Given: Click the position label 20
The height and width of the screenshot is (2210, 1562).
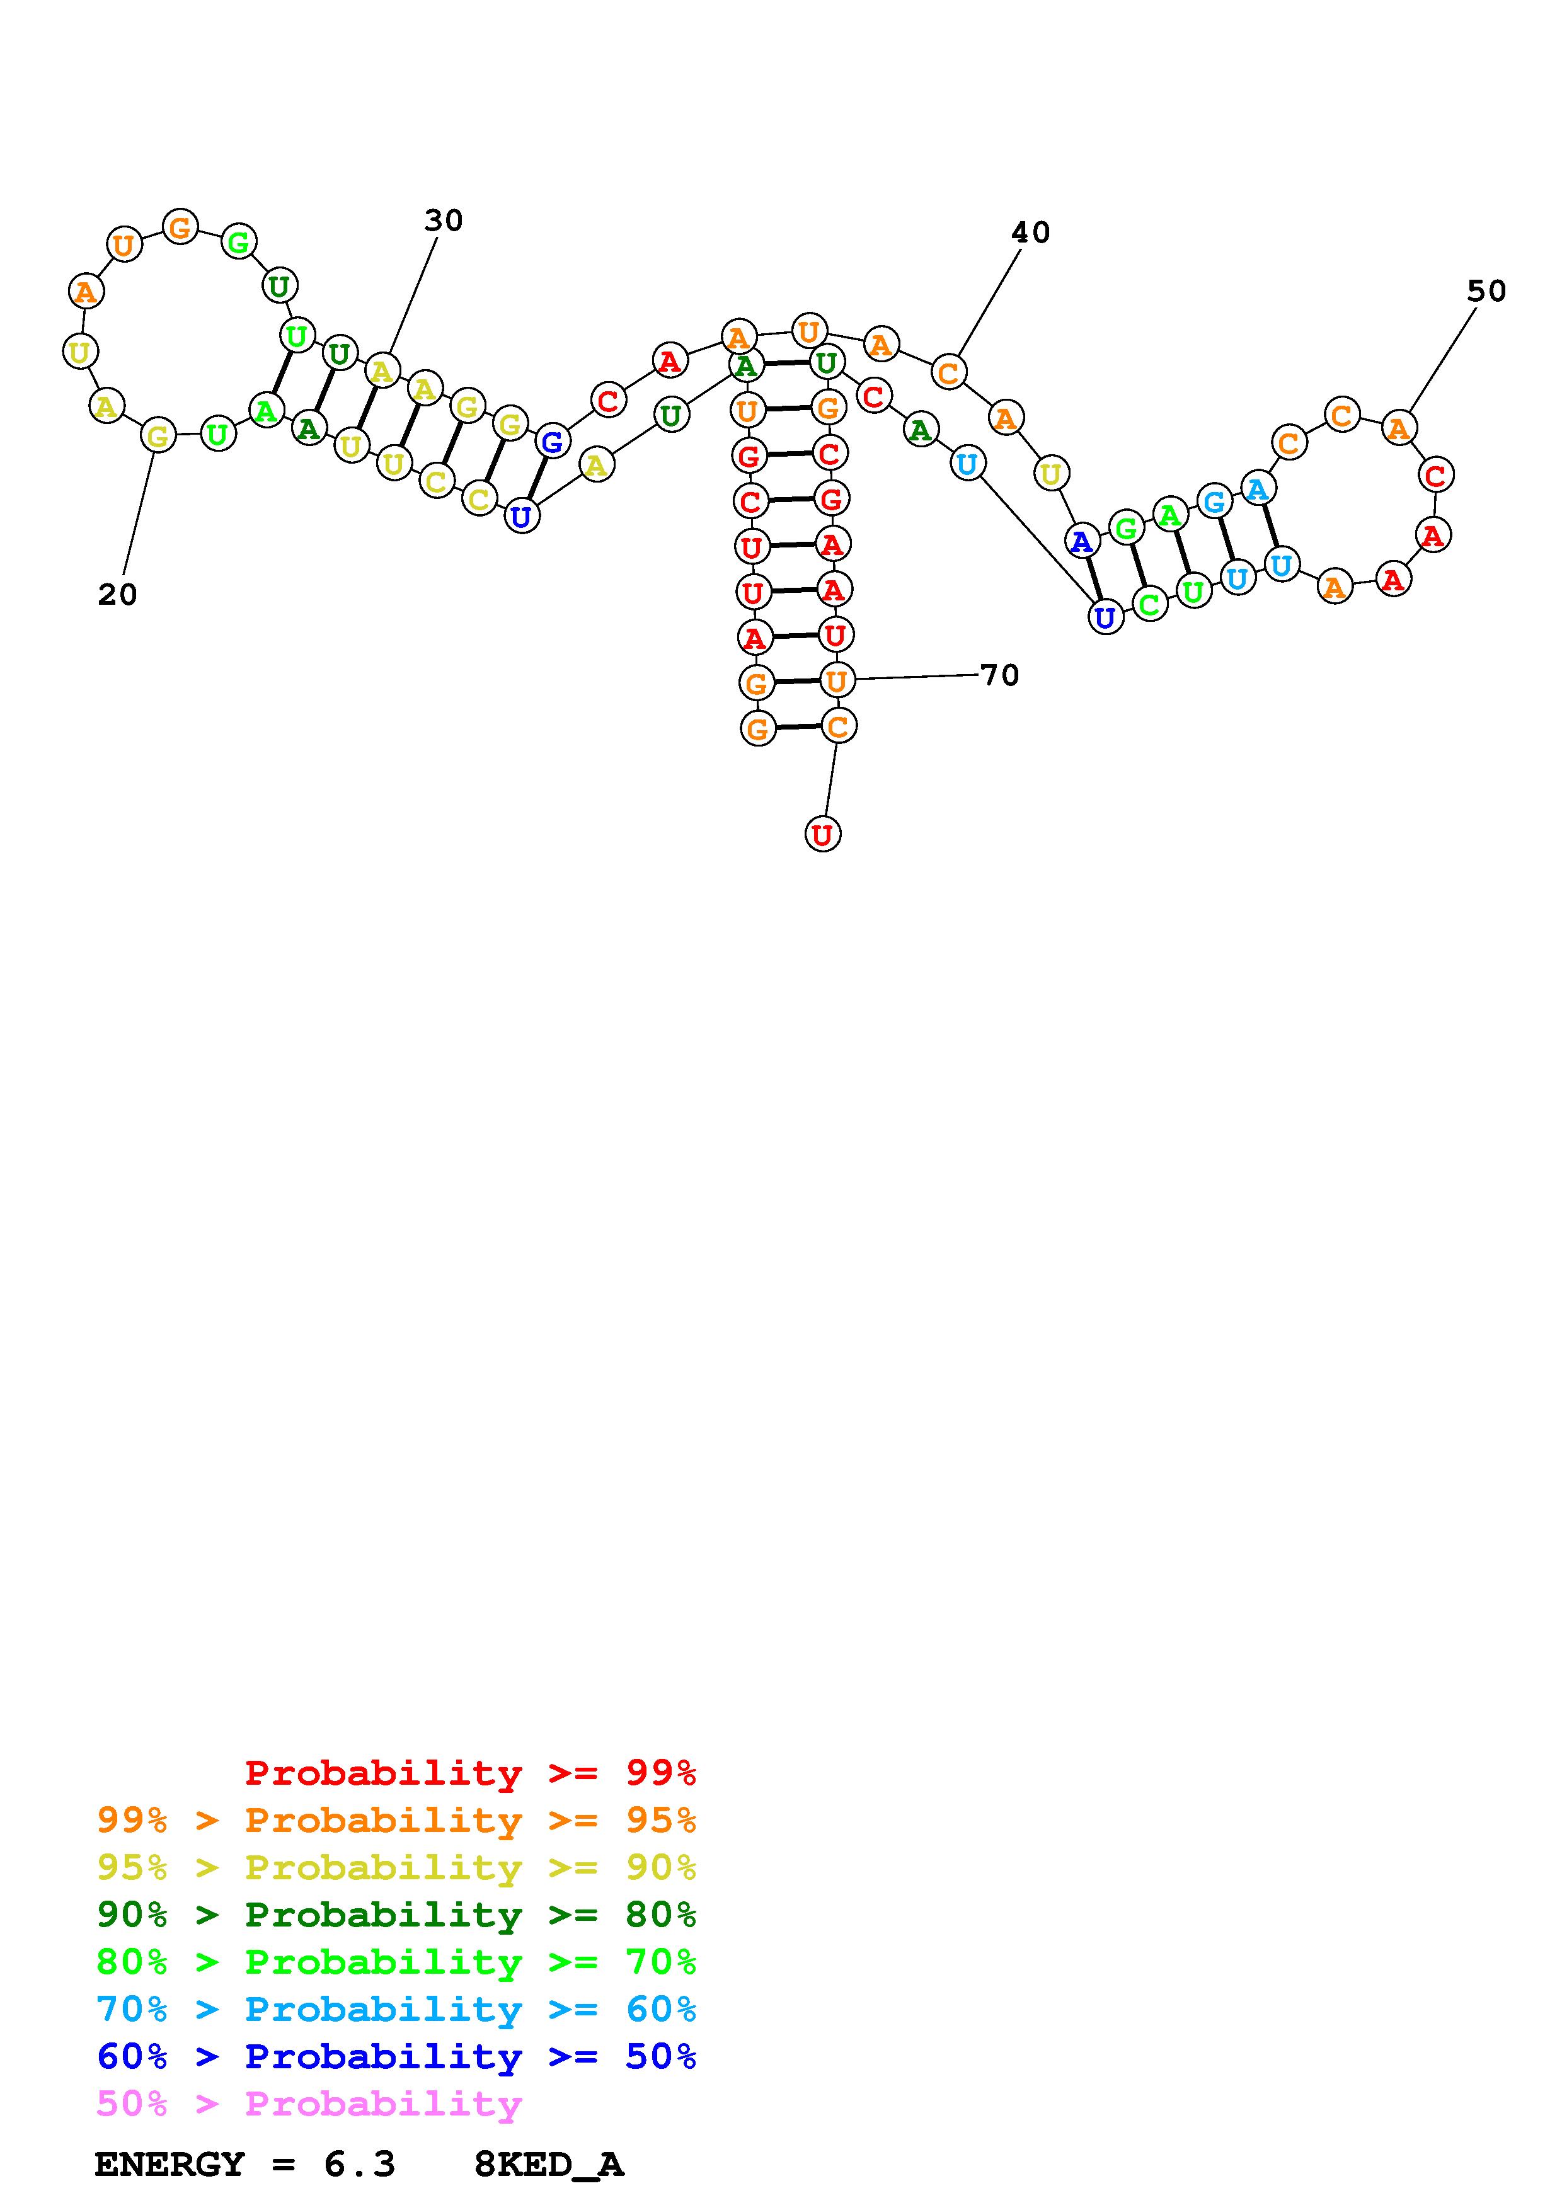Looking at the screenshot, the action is click(x=117, y=595).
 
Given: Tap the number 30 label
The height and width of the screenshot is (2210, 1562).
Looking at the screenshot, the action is click(x=444, y=220).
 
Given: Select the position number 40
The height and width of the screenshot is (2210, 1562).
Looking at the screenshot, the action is click(x=1030, y=232).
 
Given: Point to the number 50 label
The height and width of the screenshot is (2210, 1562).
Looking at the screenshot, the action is click(x=1486, y=290).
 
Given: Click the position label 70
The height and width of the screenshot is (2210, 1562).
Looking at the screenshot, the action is click(x=1000, y=675).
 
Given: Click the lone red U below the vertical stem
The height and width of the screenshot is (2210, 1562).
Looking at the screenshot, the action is click(x=822, y=833).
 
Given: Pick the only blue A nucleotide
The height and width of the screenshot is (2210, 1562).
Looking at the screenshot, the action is click(x=1082, y=541).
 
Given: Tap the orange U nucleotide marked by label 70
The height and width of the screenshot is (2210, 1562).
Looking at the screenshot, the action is click(x=836, y=680).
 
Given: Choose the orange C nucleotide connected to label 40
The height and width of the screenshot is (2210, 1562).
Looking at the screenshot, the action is click(x=948, y=372).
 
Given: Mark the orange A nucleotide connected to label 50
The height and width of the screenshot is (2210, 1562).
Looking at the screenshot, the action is click(x=1398, y=427).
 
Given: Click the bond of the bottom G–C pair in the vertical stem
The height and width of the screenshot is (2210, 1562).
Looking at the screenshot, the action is click(x=797, y=728).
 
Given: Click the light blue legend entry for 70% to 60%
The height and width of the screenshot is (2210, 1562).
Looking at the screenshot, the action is click(x=396, y=2009).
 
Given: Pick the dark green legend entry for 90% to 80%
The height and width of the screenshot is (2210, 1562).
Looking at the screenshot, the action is click(x=396, y=1915).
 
